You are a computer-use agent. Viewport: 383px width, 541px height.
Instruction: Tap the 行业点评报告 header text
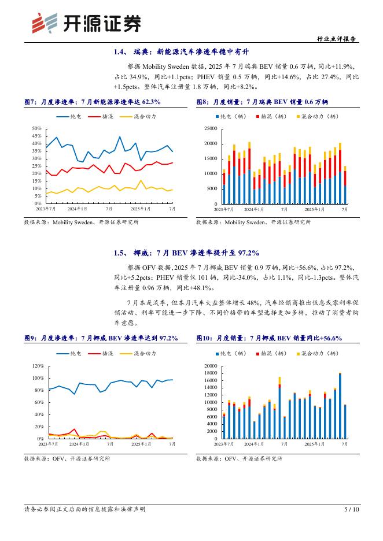tap(337, 39)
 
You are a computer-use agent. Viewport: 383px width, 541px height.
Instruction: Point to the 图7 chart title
tap(92, 102)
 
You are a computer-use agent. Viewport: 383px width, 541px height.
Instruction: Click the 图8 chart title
tap(262, 102)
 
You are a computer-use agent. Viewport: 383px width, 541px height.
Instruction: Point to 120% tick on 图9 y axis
tap(38, 366)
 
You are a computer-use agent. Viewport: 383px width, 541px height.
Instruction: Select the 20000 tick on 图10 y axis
tap(211, 366)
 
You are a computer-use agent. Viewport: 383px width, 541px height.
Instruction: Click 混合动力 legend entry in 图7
tap(137, 117)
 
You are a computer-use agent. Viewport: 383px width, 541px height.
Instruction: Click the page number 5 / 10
tap(352, 509)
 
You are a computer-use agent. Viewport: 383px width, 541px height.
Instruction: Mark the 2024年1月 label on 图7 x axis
tap(77, 209)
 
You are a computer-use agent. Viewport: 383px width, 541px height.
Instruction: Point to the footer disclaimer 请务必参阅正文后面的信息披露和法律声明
tap(84, 509)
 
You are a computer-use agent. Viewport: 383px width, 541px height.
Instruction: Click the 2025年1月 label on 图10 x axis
tap(316, 443)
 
